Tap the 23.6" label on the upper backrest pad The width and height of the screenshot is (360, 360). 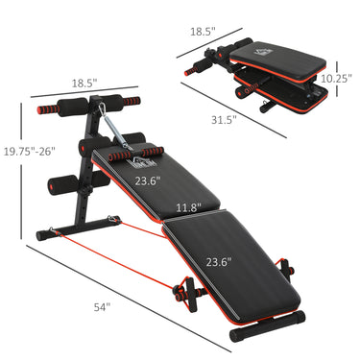coord(147,180)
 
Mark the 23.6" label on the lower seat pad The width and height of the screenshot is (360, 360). coord(218,260)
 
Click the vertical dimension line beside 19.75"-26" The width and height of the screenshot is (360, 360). coord(23,173)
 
